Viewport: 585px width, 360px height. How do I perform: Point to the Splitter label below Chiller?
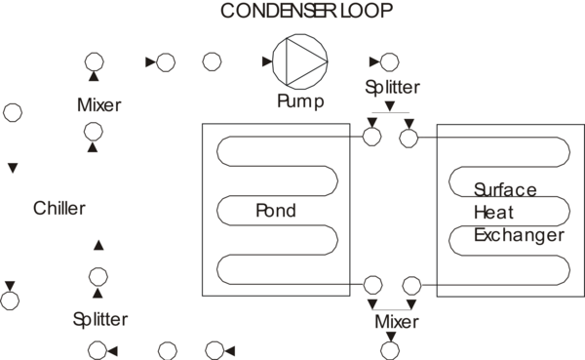[x=99, y=319]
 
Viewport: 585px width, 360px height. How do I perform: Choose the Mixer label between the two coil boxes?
[x=397, y=321]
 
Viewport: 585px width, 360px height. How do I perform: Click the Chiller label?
[x=59, y=208]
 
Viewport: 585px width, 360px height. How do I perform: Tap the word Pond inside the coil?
[x=276, y=211]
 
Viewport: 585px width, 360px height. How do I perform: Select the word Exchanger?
[x=518, y=235]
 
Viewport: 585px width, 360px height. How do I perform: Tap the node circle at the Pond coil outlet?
[x=371, y=285]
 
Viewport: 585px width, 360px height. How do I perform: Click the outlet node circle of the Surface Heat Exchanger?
[x=411, y=285]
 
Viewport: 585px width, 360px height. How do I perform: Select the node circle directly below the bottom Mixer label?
[x=391, y=350]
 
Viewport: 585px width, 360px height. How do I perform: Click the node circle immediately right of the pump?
[x=389, y=63]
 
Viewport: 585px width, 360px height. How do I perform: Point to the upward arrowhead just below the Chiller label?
[x=97, y=244]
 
